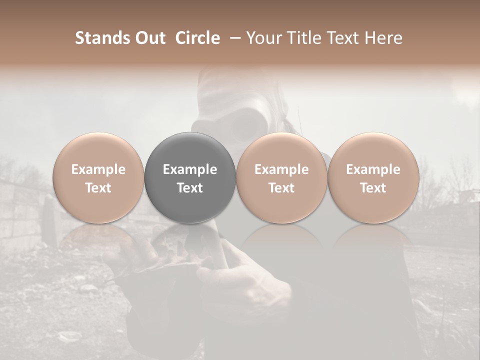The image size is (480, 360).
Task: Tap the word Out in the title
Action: [x=149, y=38]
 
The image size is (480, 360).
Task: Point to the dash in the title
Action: [x=233, y=38]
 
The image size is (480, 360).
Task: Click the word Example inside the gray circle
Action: [x=190, y=169]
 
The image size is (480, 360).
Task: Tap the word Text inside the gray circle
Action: [x=190, y=188]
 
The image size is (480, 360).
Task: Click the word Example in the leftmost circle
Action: [x=98, y=169]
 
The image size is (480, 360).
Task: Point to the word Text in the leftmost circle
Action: [x=98, y=188]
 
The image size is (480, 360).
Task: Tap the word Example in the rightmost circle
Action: [x=373, y=169]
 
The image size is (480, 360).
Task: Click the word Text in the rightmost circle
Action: [x=373, y=188]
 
